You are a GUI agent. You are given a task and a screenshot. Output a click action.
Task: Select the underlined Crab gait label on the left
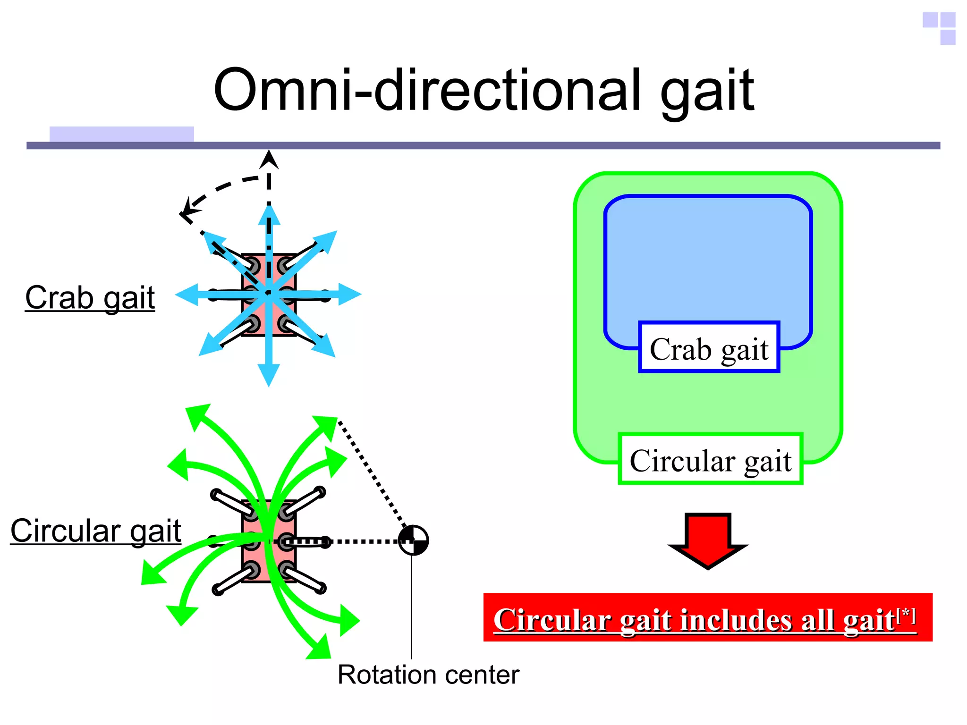(x=90, y=298)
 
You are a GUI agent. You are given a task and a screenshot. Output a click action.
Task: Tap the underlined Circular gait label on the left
(x=96, y=531)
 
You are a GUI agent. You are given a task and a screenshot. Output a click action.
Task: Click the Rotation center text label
(x=428, y=674)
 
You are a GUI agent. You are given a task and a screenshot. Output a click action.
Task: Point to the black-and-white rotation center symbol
(x=413, y=540)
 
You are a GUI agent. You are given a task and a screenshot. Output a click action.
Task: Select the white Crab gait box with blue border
(x=709, y=348)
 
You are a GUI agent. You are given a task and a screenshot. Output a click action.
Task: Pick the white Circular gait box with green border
(x=710, y=459)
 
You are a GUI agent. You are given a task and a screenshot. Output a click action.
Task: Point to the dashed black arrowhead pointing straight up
(x=269, y=159)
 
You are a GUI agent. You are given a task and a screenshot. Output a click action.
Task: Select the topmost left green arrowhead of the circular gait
(x=196, y=413)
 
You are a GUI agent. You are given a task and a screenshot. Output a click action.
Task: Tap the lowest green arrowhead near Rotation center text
(x=321, y=649)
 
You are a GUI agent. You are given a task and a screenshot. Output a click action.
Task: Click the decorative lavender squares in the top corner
(x=940, y=27)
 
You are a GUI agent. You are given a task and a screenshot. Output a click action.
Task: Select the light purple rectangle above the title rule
(x=121, y=134)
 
